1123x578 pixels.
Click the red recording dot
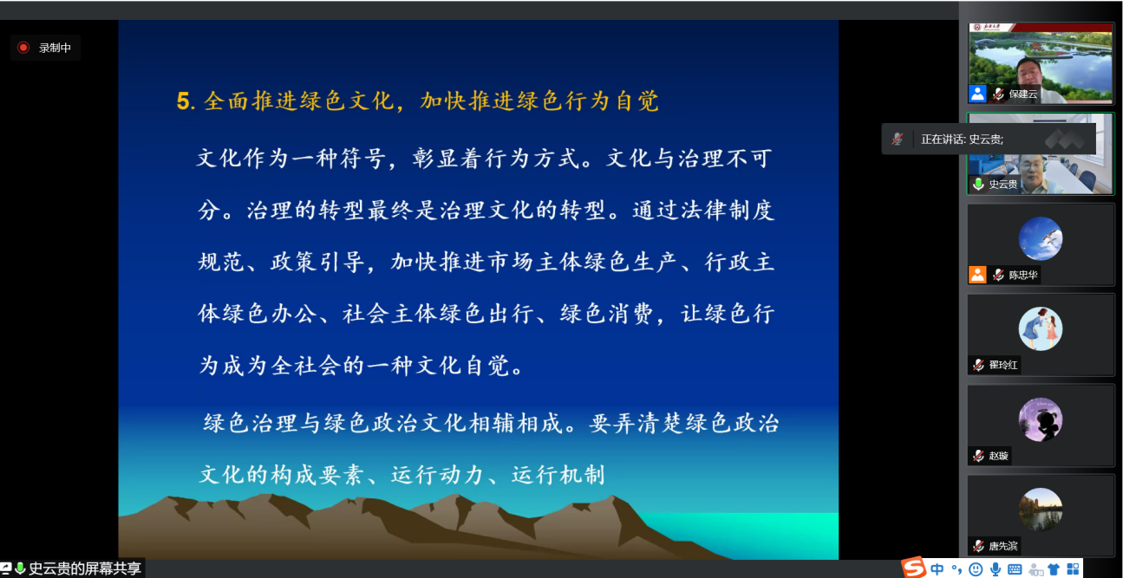click(23, 48)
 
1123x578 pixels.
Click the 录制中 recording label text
click(55, 48)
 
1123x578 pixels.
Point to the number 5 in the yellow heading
click(183, 101)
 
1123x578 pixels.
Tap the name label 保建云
click(1022, 94)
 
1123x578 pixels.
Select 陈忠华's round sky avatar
click(1041, 238)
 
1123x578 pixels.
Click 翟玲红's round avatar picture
click(1041, 328)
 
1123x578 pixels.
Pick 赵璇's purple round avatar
click(1041, 419)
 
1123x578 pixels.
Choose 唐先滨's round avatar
click(1041, 510)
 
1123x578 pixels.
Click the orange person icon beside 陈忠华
click(977, 275)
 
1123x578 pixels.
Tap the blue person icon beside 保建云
click(977, 94)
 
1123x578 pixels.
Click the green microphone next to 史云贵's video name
click(978, 185)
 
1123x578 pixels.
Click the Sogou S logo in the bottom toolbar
click(913, 568)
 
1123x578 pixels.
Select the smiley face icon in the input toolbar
click(976, 569)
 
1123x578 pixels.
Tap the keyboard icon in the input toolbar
click(1015, 569)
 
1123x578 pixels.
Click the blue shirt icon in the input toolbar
click(1054, 569)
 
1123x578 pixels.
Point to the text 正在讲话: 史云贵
click(962, 140)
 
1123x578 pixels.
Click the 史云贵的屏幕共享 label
click(85, 568)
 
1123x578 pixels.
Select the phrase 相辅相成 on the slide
click(516, 423)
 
